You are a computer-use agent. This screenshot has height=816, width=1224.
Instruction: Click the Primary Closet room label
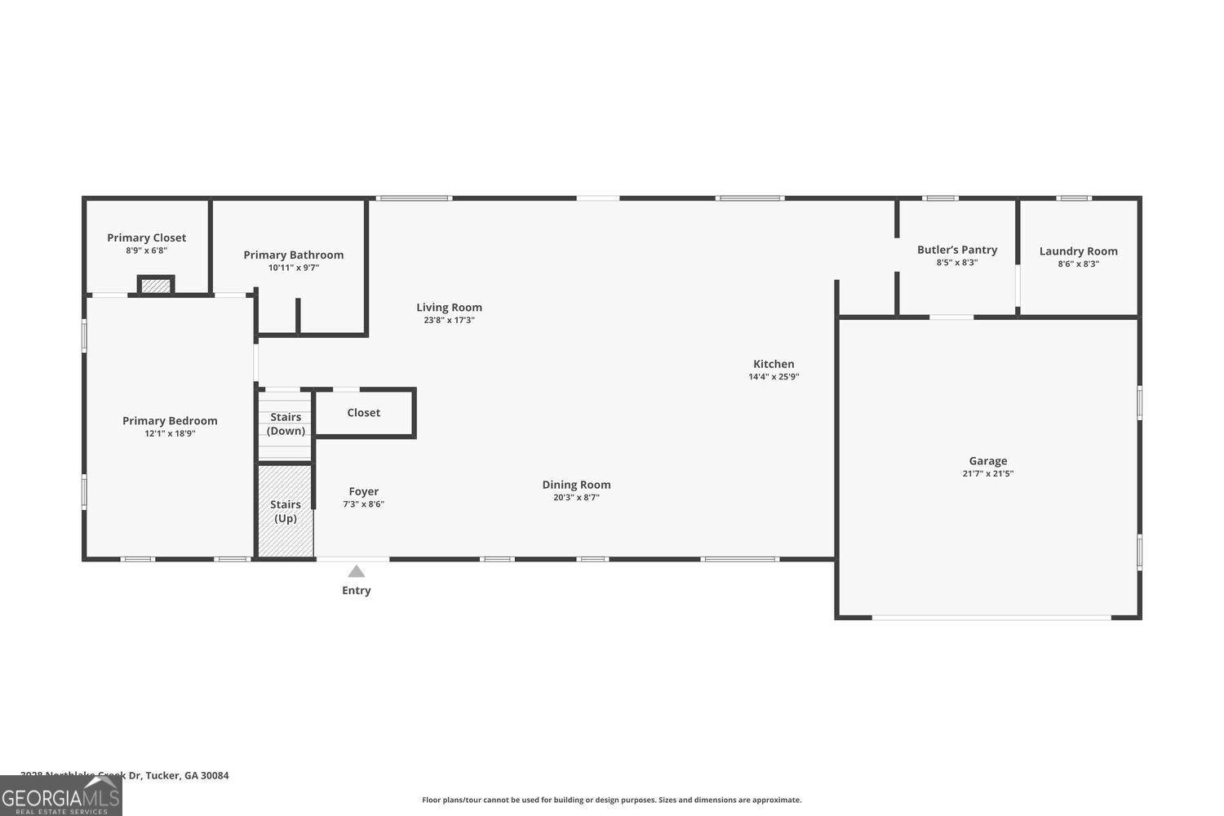click(147, 237)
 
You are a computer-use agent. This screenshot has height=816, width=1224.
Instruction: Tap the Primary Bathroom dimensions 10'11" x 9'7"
click(294, 268)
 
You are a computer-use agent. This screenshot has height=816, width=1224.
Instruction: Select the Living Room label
click(449, 308)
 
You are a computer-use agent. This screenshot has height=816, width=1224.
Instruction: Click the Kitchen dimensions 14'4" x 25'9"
click(774, 377)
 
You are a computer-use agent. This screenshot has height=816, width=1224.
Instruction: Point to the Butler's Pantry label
click(957, 250)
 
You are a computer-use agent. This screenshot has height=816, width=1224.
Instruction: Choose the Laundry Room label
click(1078, 251)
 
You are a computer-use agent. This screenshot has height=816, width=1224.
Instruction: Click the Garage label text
click(987, 461)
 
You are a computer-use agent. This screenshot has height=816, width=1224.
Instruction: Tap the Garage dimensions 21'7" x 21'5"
click(987, 474)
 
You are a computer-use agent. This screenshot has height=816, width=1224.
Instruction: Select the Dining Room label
click(576, 485)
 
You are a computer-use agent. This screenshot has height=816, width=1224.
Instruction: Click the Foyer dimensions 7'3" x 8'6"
click(363, 504)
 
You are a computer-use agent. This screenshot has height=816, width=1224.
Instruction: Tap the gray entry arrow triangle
click(357, 571)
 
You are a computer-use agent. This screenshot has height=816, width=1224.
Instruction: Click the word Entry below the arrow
click(357, 591)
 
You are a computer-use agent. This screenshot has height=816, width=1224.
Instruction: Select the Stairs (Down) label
click(286, 424)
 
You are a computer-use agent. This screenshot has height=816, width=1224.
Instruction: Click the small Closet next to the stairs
click(364, 413)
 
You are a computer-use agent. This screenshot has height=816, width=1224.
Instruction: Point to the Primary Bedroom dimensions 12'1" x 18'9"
click(170, 434)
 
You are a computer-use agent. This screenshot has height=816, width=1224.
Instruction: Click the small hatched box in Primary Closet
click(156, 286)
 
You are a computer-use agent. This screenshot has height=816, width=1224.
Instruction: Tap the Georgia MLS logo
click(60, 796)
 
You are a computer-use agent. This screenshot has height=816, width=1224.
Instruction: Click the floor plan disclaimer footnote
click(611, 800)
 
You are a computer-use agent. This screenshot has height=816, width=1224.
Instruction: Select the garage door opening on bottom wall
click(991, 618)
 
